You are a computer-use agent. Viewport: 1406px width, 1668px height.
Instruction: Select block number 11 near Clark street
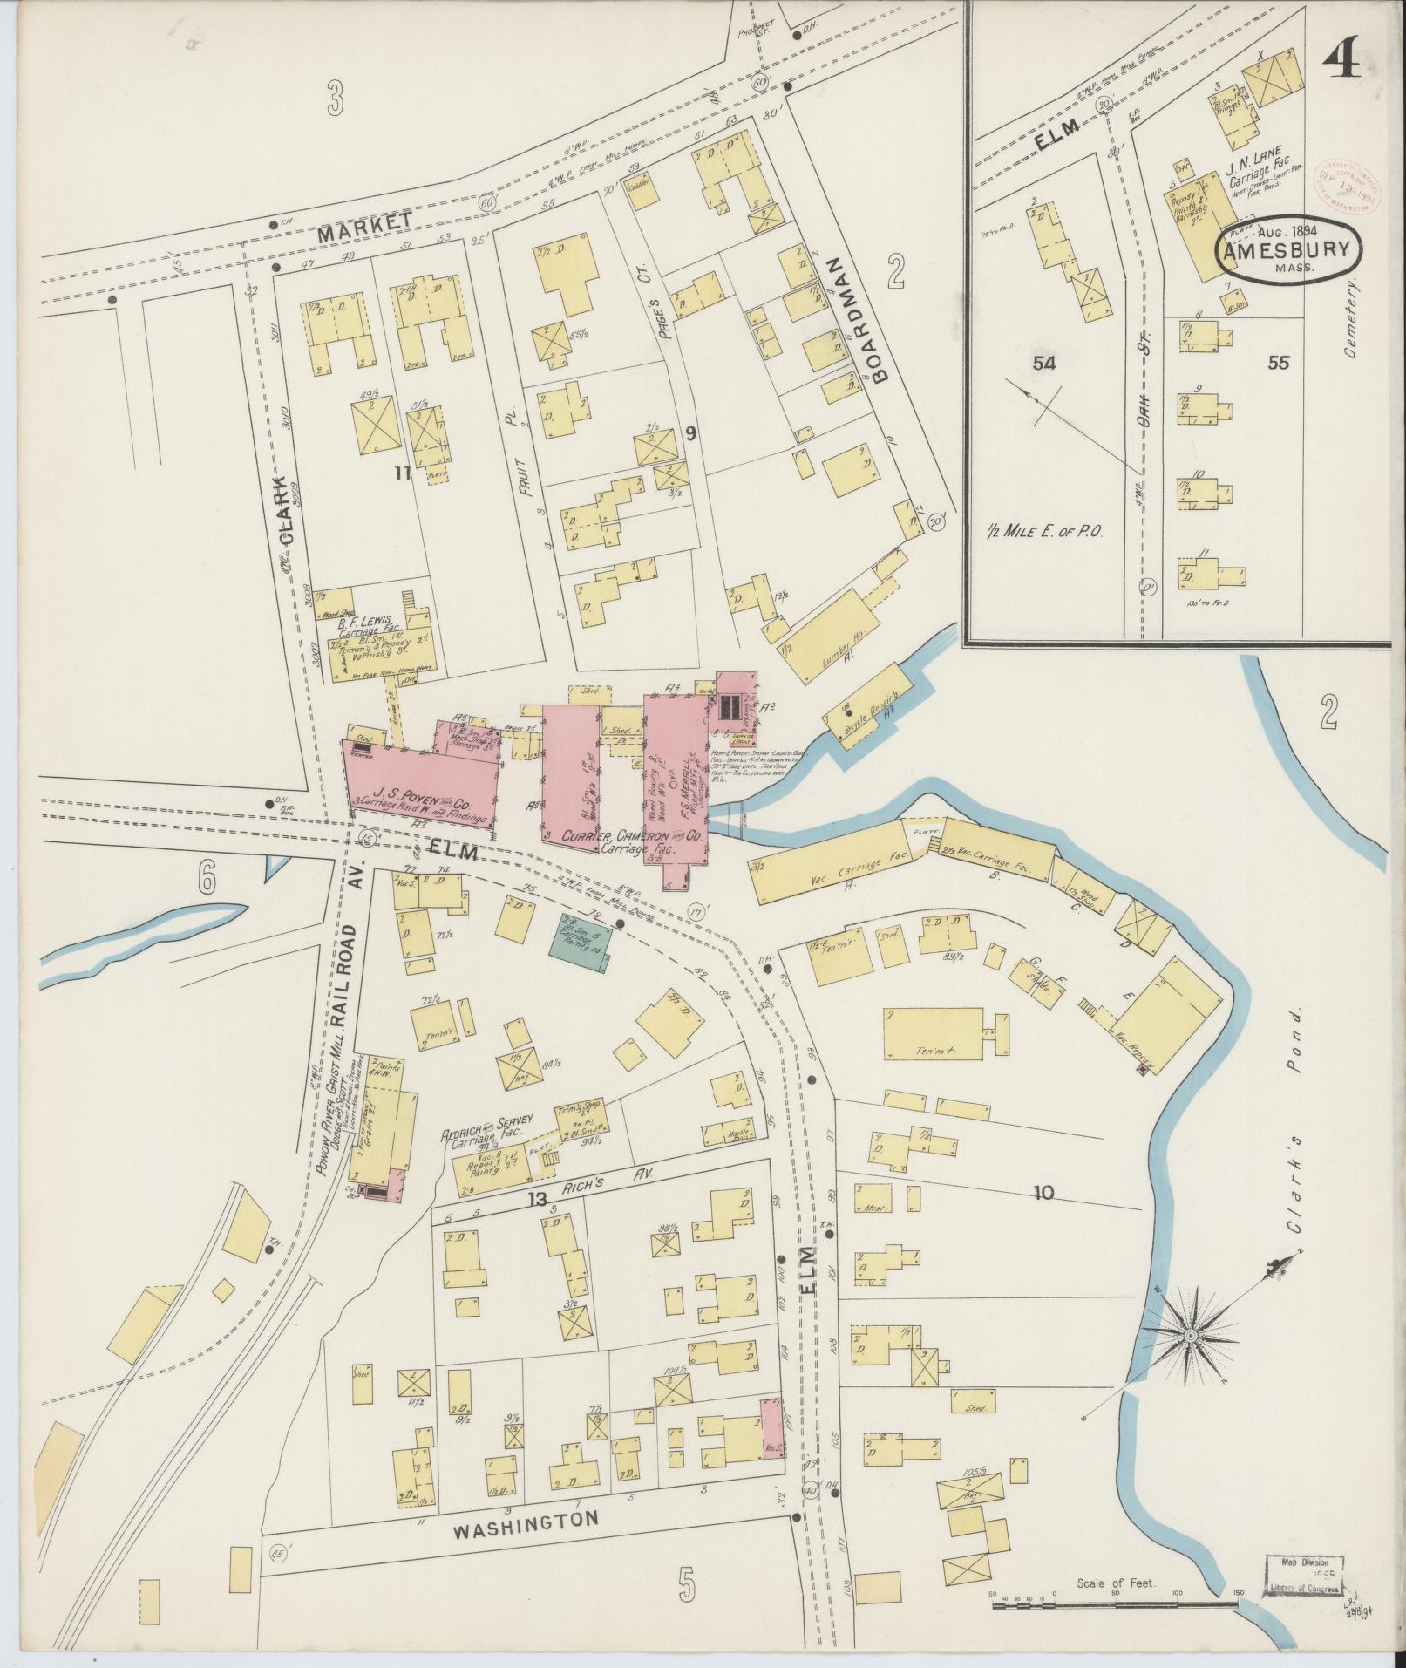pos(402,473)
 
